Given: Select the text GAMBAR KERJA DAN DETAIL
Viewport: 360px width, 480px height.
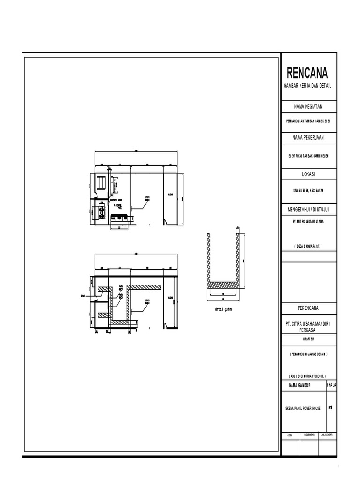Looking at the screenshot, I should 307,86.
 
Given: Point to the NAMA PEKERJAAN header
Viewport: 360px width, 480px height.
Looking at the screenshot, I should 308,137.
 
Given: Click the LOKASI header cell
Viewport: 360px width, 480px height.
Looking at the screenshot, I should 308,174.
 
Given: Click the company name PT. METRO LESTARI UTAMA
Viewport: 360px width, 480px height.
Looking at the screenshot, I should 308,220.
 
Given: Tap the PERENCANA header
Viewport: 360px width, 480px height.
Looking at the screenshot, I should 308,309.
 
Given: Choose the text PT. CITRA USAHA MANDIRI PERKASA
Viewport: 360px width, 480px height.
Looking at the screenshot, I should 308,327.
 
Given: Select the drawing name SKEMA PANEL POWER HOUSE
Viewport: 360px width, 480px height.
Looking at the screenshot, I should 302,408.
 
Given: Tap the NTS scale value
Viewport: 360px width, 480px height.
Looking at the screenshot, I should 330,407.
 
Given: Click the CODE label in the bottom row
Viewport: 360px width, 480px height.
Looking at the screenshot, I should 289,435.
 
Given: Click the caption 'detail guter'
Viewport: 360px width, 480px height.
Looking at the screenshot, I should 220,310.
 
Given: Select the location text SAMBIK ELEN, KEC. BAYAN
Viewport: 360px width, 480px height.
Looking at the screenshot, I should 308,191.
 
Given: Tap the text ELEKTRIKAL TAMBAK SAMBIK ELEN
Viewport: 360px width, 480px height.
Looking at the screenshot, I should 308,156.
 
